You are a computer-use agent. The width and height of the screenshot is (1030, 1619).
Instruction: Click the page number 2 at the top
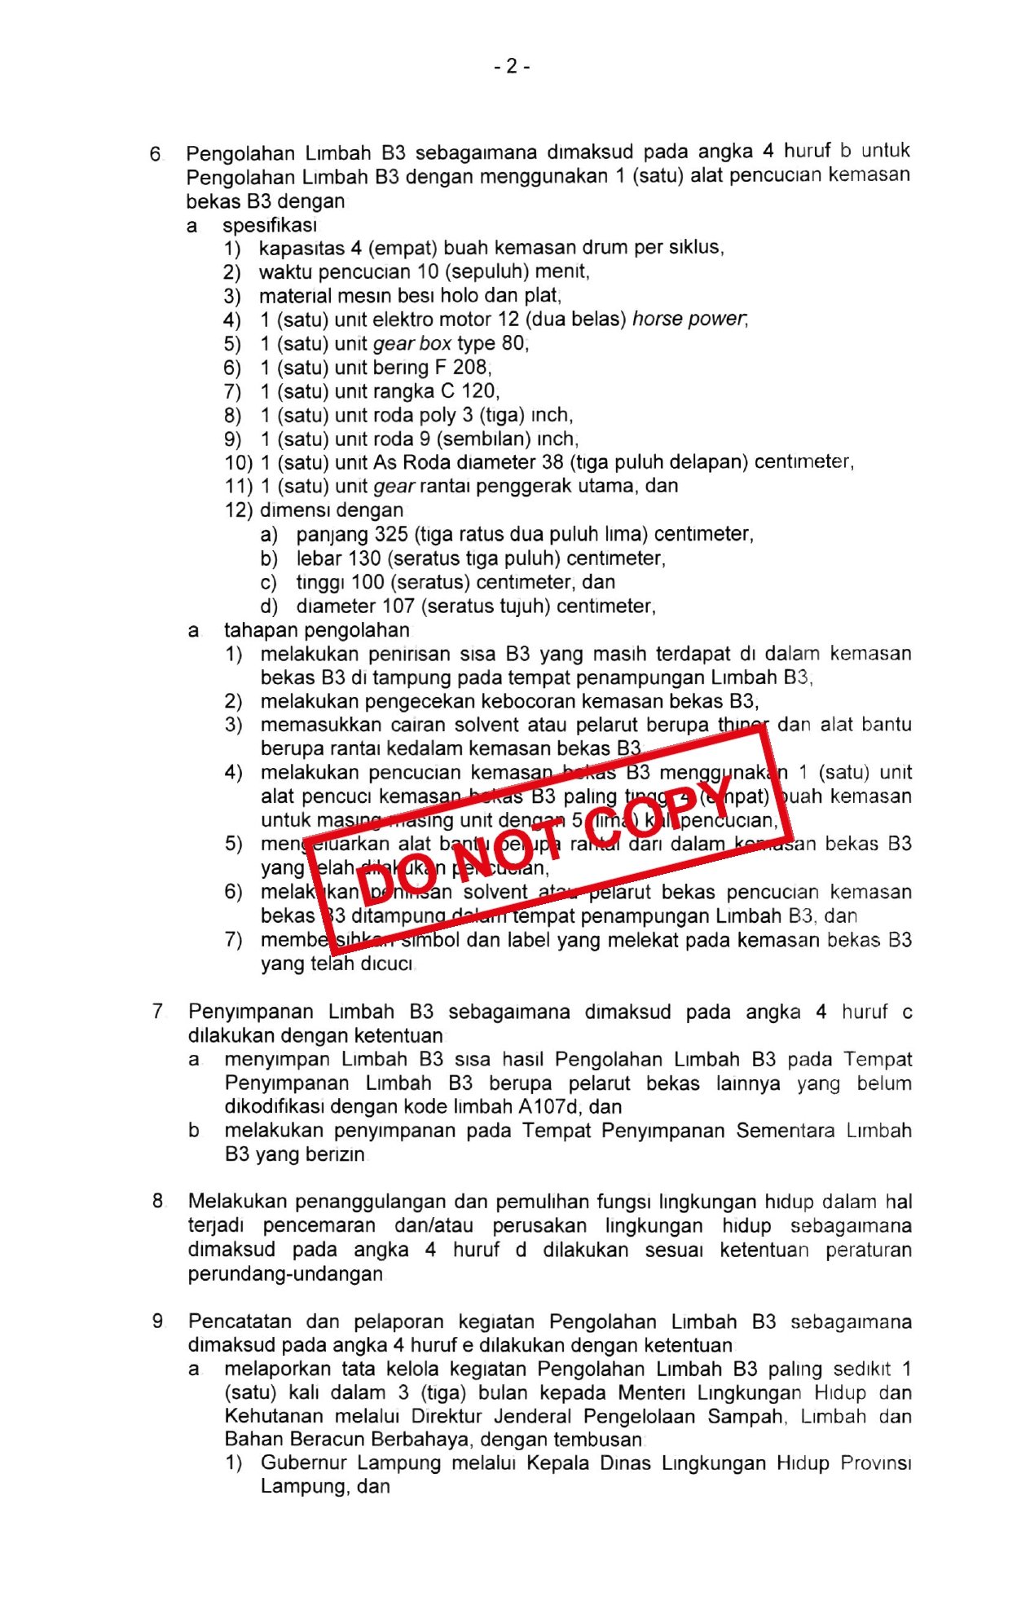[512, 66]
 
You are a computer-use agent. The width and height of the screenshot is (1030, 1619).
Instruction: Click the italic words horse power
[689, 319]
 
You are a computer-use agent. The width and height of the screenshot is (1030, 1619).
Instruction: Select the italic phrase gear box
[412, 343]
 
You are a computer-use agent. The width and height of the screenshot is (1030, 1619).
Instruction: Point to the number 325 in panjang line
[391, 534]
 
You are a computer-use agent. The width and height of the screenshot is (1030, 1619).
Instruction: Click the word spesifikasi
[270, 225]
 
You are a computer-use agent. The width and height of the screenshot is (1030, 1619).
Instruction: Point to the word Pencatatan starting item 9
[240, 1321]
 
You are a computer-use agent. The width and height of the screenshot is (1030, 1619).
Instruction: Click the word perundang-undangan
[285, 1273]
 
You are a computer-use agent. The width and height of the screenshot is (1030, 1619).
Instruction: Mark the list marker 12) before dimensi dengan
[239, 510]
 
